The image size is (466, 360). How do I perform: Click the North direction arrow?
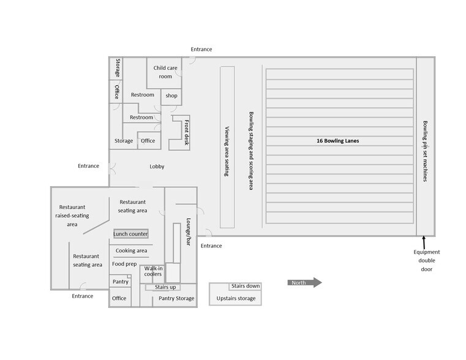click(304, 282)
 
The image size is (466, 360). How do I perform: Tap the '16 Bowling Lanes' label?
click(337, 141)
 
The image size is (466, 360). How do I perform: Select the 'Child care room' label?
click(165, 72)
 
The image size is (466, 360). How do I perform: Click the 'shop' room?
click(171, 97)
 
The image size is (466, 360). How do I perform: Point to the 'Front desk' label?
click(186, 132)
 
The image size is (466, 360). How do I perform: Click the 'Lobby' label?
click(157, 167)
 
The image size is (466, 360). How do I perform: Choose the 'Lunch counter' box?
click(131, 234)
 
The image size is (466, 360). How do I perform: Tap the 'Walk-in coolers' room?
click(152, 274)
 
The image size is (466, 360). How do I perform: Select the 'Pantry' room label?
click(121, 282)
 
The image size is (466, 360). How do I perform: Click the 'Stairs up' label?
click(165, 287)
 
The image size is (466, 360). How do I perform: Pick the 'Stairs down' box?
click(246, 286)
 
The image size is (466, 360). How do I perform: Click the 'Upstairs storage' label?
click(236, 298)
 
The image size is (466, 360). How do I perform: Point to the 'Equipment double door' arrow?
click(424, 242)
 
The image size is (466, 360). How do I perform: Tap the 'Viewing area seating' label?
click(227, 151)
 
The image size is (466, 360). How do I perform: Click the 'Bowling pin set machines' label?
click(425, 151)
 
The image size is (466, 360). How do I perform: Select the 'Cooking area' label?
click(132, 250)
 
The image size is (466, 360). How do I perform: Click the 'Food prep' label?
click(124, 264)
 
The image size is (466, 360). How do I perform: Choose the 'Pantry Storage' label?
click(176, 298)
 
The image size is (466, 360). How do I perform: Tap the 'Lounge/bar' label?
click(188, 232)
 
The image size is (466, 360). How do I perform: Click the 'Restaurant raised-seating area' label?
click(72, 216)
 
